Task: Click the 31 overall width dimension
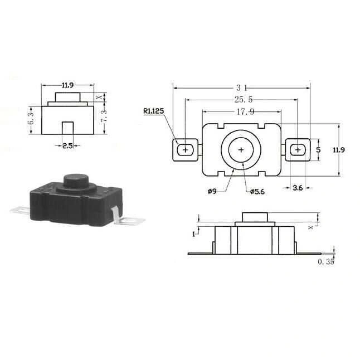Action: pos(242,87)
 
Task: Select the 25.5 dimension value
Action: pos(244,99)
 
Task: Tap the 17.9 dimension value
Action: pos(245,112)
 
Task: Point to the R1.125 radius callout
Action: pos(154,111)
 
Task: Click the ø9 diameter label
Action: pos(212,191)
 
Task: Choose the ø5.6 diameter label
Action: pos(257,192)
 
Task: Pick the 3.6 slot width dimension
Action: pos(298,188)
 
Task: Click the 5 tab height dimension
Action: pos(318,150)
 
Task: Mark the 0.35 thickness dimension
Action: pos(326,262)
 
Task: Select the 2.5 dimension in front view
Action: pos(67,145)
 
